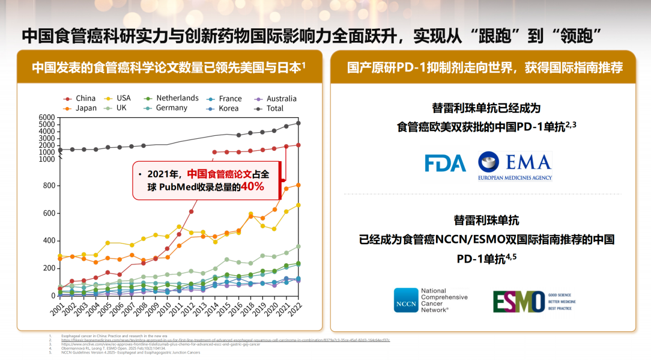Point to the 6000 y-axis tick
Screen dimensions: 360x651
(x=46, y=117)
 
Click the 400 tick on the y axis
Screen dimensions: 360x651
(x=48, y=240)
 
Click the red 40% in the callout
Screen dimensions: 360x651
(x=253, y=188)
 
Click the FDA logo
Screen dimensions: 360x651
(x=445, y=163)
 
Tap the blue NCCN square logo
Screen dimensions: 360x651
(x=406, y=301)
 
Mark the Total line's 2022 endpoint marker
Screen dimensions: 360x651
(x=298, y=123)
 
